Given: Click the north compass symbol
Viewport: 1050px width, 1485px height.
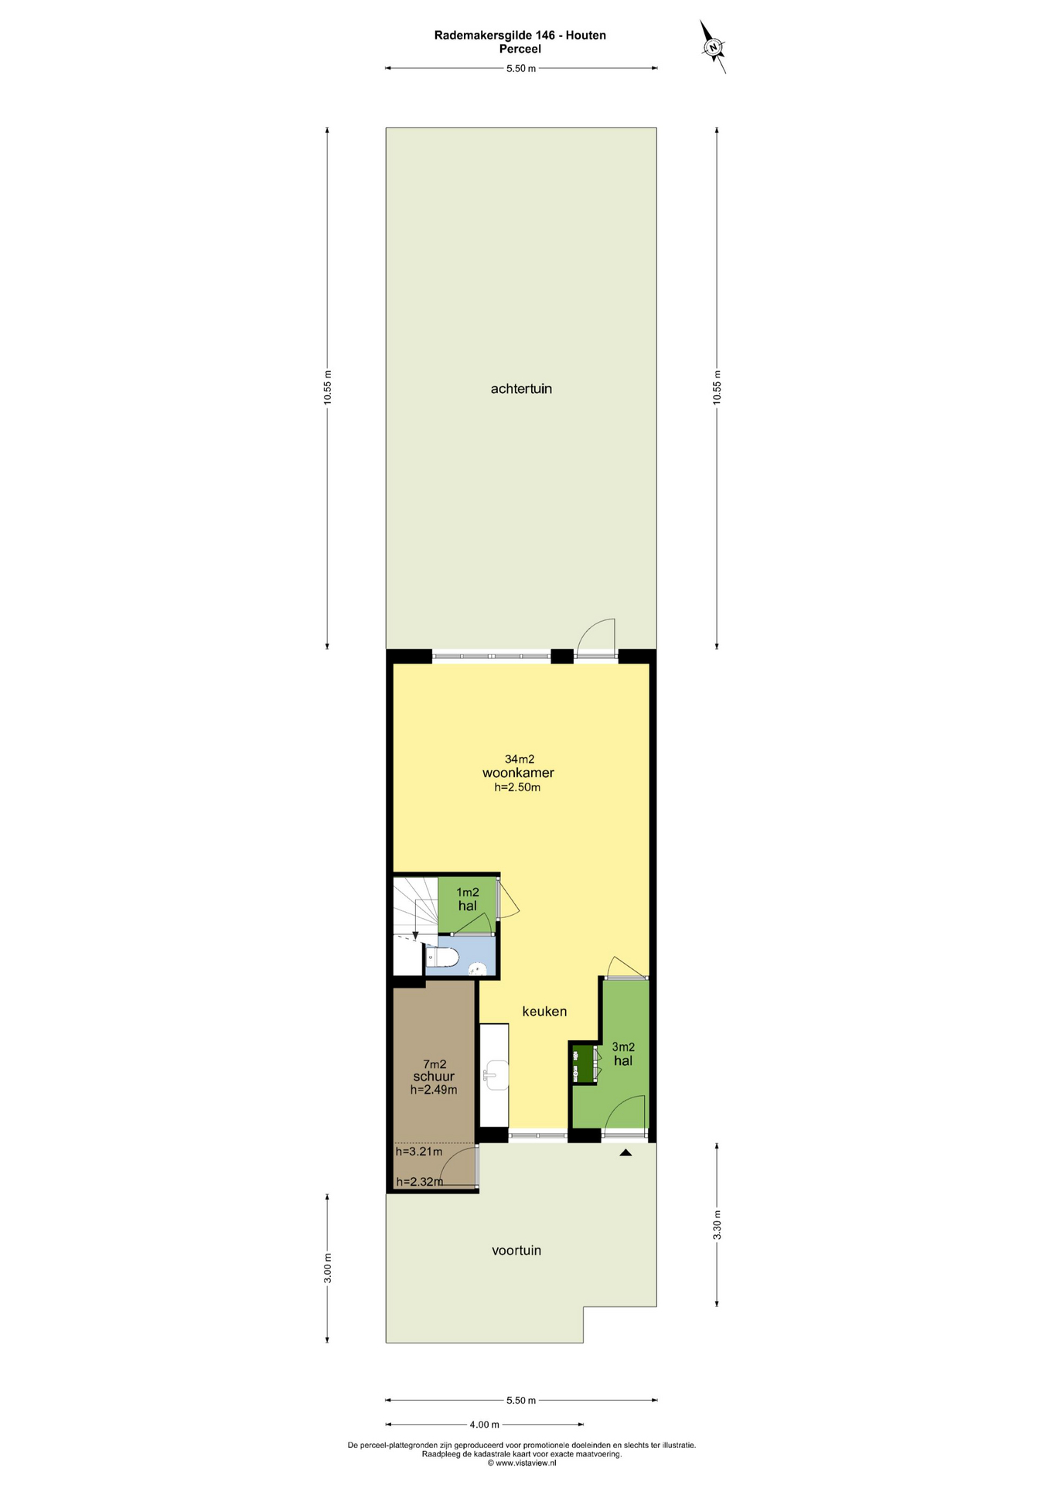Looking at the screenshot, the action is [x=714, y=47].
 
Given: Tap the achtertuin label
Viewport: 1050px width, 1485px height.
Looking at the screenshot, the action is [x=521, y=389].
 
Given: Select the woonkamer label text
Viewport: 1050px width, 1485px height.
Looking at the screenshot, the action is [x=518, y=773].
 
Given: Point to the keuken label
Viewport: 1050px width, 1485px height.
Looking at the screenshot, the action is [x=544, y=1011].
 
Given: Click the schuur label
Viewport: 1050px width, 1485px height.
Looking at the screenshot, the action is [x=434, y=1077].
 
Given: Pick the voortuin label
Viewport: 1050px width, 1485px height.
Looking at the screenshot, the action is [x=516, y=1250].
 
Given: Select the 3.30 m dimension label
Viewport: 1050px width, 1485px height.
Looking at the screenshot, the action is [x=717, y=1225].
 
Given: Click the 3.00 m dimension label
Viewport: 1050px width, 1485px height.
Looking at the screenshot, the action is [x=327, y=1268].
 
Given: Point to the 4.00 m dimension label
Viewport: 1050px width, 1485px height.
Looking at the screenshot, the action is [x=485, y=1425].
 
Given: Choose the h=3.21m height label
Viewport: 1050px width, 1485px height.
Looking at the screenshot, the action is [x=419, y=1152].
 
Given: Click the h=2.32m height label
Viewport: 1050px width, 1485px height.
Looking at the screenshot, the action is [x=420, y=1182].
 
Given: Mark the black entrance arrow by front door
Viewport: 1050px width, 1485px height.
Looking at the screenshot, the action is [x=626, y=1152].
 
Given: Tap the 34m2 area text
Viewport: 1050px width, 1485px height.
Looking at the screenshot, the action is [x=520, y=759].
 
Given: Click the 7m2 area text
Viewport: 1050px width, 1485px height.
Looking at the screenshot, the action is [x=435, y=1064].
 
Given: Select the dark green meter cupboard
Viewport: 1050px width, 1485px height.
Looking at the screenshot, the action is [x=582, y=1063].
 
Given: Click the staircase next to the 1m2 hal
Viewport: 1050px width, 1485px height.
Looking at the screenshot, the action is [x=415, y=906].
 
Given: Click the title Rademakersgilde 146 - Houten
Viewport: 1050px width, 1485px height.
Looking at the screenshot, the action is [x=520, y=35].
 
